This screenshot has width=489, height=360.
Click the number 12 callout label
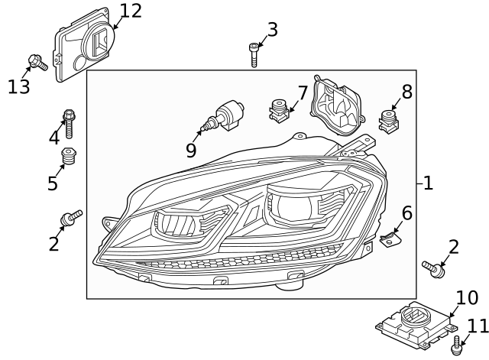coord(131,11)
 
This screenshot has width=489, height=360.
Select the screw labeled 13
coord(37,62)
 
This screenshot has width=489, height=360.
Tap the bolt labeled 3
coord(254,54)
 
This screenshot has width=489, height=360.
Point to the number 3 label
coord(272,30)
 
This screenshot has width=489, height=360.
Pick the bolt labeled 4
coord(70,122)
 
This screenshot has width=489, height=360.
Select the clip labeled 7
coord(280,112)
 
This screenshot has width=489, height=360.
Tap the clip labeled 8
coord(390,121)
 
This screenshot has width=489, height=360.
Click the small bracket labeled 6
coord(392,237)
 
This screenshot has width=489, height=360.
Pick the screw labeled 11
coord(458,345)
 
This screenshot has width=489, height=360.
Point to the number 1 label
coord(428,183)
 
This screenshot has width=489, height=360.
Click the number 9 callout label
coord(190,151)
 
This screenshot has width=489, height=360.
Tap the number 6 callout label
coord(406,213)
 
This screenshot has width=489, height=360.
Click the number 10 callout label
coord(467,298)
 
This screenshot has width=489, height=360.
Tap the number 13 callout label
coord(18,86)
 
